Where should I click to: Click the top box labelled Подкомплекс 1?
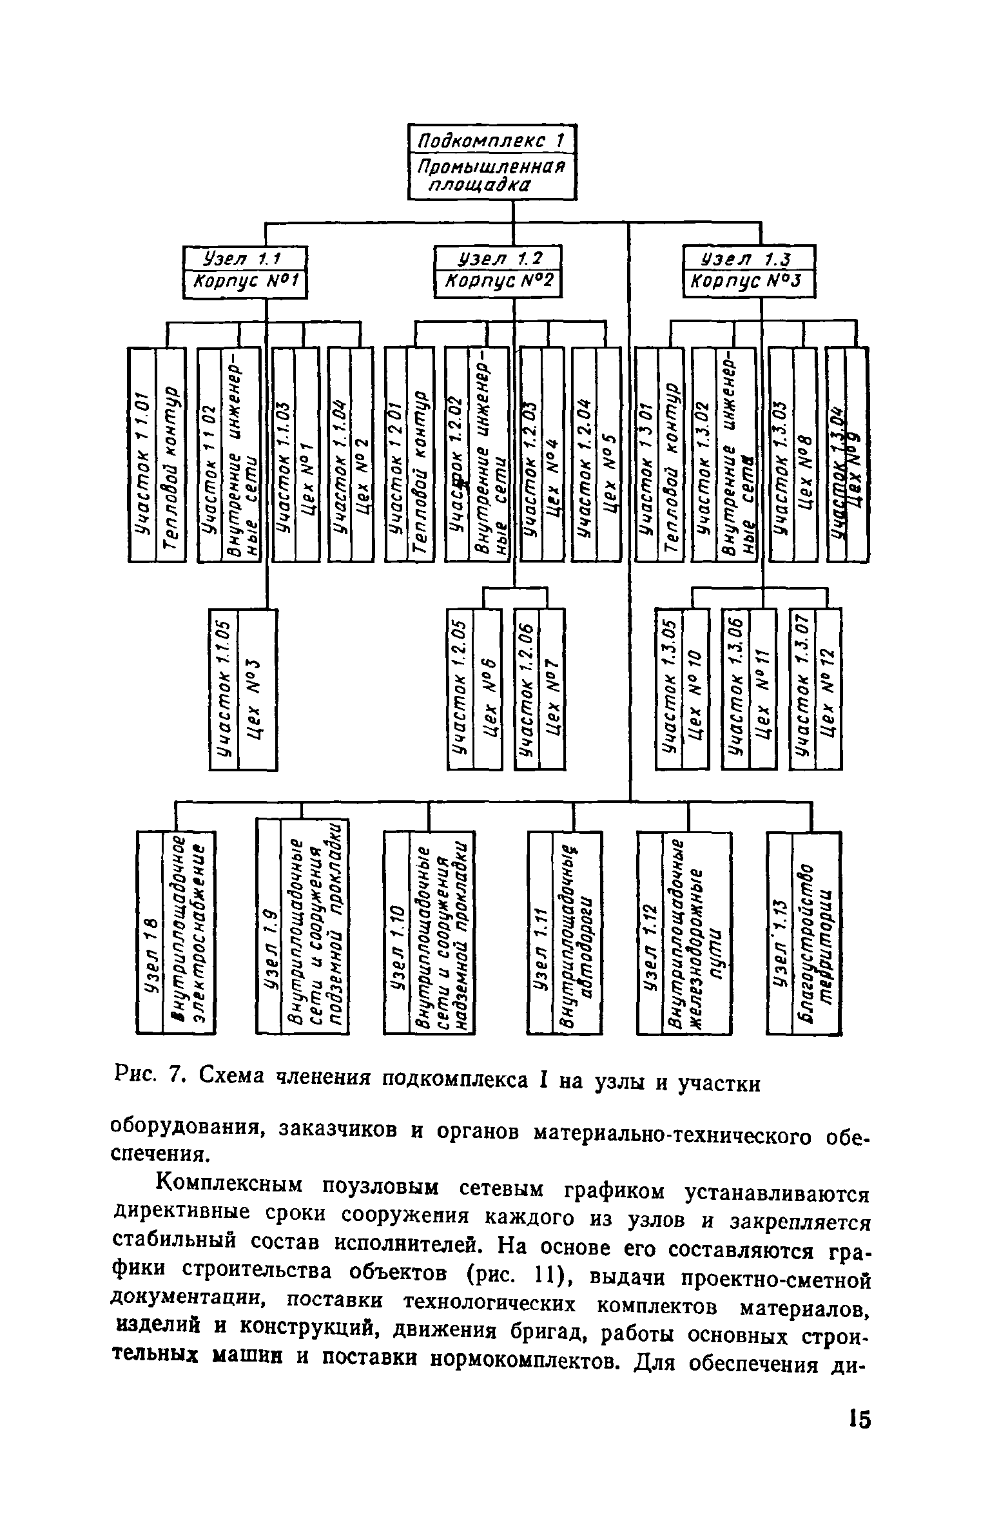pyautogui.click(x=492, y=162)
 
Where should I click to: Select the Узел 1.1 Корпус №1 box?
pyautogui.click(x=244, y=274)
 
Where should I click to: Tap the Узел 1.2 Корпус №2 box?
pyautogui.click(x=498, y=273)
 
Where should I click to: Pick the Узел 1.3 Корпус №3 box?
pyautogui.click(x=749, y=273)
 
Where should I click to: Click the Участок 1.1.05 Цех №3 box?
pyautogui.click(x=243, y=689)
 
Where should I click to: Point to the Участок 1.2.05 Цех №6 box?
pyautogui.click(x=474, y=689)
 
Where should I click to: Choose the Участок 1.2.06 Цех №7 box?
pyautogui.click(x=539, y=689)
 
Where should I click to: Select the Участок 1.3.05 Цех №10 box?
pyautogui.click(x=682, y=689)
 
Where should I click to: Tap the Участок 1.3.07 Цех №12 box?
pyautogui.click(x=815, y=689)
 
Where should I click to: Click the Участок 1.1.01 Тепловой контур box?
pyautogui.click(x=157, y=455)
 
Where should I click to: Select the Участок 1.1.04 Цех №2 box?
pyautogui.click(x=350, y=455)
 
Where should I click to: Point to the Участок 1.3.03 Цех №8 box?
pyautogui.click(x=793, y=455)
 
